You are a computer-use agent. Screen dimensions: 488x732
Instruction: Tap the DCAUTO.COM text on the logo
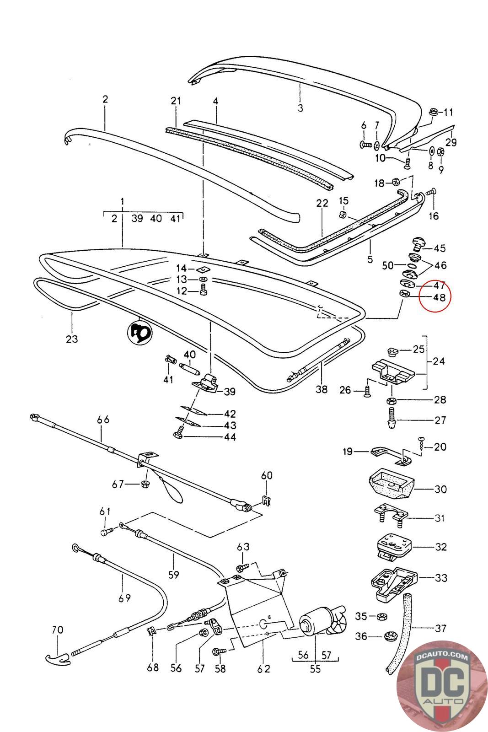[441, 657]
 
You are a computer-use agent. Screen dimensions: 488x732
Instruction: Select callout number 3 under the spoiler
[300, 108]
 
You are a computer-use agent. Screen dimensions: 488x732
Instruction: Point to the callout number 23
[72, 339]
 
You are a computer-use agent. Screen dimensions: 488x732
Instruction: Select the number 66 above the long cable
[103, 420]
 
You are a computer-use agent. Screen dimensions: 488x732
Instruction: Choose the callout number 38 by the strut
[322, 389]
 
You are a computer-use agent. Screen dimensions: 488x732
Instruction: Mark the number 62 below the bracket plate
[263, 668]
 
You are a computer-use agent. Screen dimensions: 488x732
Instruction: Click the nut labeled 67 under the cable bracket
[144, 484]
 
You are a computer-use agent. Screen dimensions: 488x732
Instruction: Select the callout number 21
[176, 101]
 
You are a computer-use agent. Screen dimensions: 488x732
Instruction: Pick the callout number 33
[441, 578]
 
